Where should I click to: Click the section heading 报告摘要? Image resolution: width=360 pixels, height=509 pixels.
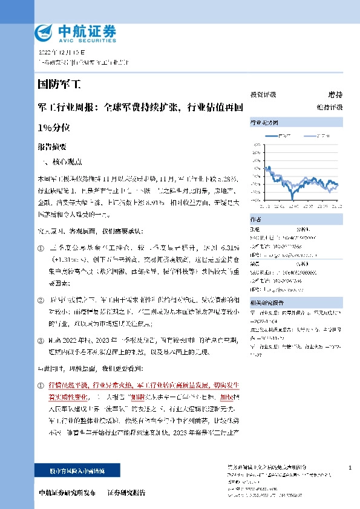click(52, 146)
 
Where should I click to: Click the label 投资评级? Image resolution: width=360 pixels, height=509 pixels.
click(263, 94)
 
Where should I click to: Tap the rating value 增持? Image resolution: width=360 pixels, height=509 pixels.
click(335, 94)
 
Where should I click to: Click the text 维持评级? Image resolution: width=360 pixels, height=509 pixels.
click(330, 107)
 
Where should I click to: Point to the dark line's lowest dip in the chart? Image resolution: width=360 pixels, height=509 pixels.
click(293, 199)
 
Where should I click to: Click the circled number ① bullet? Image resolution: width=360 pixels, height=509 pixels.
click(41, 248)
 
